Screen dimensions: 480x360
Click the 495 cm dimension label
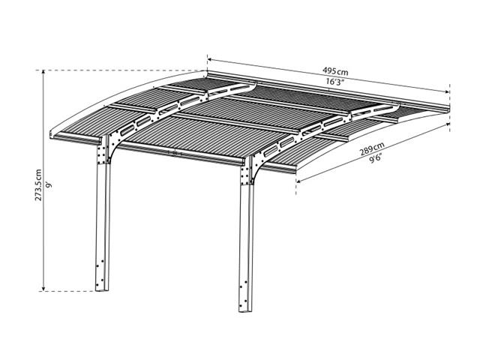[x=335, y=71]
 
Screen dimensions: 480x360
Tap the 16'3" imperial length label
[x=336, y=82]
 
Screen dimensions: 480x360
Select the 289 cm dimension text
[x=372, y=149]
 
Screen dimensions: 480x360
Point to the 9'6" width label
[x=375, y=159]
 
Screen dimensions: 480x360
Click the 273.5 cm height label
[x=38, y=185]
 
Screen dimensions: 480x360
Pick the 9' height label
[x=49, y=186]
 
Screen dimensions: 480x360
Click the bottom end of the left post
[x=102, y=289]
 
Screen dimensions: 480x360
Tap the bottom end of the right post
[x=245, y=310]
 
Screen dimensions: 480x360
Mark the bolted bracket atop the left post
[x=103, y=151]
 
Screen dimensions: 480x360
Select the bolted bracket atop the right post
[x=247, y=172]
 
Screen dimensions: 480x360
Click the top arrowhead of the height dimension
[x=43, y=73]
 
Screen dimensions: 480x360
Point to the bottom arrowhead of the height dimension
[x=43, y=289]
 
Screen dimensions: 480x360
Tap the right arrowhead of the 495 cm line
[x=447, y=91]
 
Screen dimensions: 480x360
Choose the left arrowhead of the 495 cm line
[x=210, y=59]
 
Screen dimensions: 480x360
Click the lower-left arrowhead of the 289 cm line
[x=298, y=181]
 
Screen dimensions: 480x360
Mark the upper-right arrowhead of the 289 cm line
[x=447, y=124]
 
